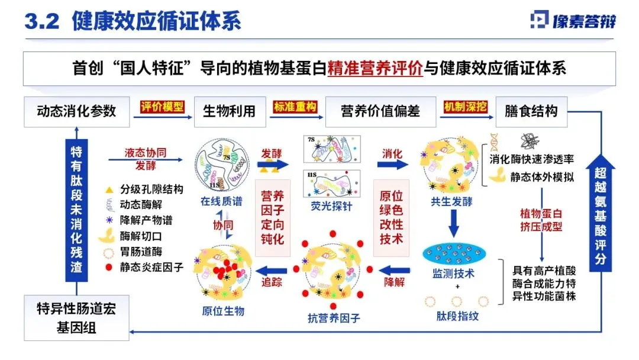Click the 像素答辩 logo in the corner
[x=573, y=21]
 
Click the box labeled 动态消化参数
[x=76, y=111]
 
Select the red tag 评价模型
[x=162, y=107]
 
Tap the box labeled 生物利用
[x=229, y=111]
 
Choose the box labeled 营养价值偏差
[x=380, y=111]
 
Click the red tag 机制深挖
[x=466, y=107]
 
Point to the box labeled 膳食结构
[x=531, y=111]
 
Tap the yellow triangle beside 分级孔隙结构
[x=109, y=189]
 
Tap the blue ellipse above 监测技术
[x=455, y=256]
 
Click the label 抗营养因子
[x=334, y=318]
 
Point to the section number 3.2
[x=41, y=21]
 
